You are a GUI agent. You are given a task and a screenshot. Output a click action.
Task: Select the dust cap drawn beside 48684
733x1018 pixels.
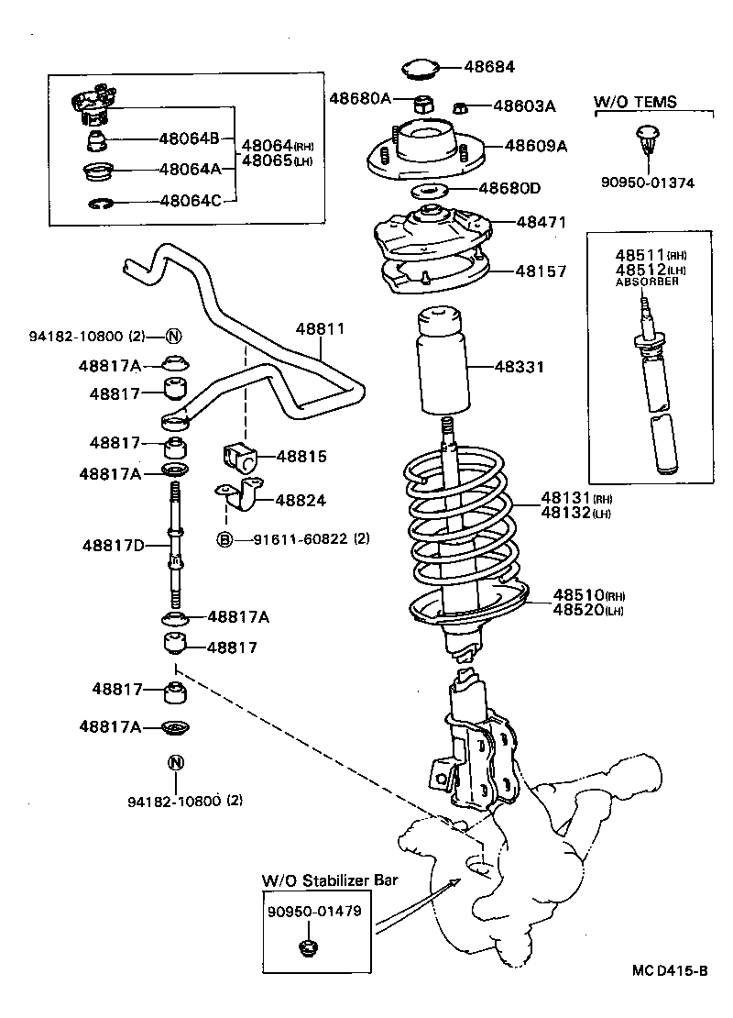421,66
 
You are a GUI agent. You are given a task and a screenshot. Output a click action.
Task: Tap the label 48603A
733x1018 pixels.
524,105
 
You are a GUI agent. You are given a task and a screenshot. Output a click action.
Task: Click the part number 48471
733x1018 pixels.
541,222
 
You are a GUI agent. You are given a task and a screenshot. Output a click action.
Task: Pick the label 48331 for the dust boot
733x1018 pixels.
520,367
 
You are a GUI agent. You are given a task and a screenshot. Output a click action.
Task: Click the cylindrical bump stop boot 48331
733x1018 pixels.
443,364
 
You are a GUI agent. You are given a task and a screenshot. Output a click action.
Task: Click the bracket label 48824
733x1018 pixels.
301,501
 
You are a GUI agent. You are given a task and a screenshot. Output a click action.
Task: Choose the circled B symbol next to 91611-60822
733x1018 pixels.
224,539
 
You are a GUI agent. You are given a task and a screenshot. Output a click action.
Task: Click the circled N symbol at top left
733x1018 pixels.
173,336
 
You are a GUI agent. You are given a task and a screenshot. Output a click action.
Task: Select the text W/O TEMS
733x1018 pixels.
635,102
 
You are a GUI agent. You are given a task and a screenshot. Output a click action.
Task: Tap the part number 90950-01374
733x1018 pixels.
647,183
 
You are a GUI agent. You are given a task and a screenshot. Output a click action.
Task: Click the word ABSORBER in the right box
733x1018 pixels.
647,282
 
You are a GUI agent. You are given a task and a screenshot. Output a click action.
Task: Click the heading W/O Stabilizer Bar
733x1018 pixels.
329,880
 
